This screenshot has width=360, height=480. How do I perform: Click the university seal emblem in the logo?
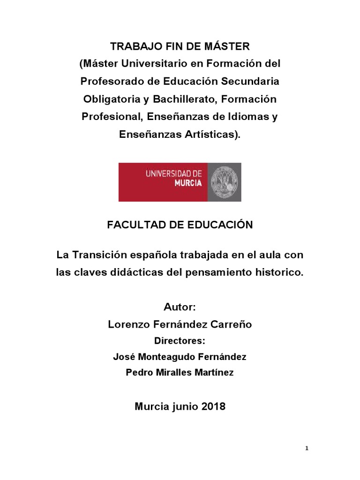225,182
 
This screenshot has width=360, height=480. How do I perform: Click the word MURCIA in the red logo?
188,183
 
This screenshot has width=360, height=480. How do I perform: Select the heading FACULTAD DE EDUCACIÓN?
180,225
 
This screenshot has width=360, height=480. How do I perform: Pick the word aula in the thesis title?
272,255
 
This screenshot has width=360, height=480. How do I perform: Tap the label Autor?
180,307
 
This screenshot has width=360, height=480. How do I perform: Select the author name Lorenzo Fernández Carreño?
180,324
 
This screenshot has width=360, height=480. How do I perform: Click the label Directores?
180,340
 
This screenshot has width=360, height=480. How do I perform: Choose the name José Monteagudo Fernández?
180,357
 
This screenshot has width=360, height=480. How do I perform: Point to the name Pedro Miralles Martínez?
180,373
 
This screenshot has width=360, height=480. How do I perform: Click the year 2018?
213,406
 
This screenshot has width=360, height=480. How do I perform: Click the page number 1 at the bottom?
307,449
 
